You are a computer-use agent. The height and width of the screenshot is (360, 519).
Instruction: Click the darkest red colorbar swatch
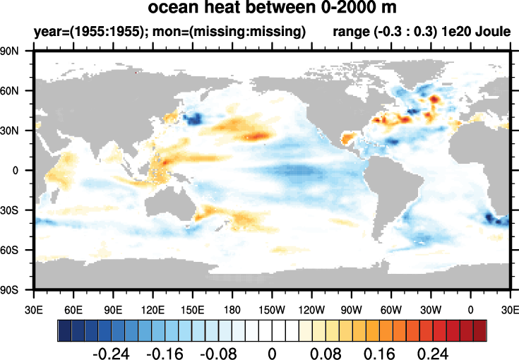480,330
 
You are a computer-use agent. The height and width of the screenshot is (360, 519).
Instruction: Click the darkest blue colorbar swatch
64,330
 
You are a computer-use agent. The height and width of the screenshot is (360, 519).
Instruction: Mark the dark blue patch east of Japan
191,119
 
